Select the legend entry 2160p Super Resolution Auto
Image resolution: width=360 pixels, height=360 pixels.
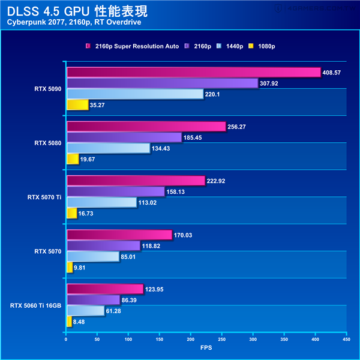(132, 46)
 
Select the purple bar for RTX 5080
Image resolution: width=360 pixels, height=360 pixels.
(124, 137)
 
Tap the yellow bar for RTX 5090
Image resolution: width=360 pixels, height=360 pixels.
(77, 105)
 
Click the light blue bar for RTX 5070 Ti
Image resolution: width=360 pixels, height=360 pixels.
(101, 202)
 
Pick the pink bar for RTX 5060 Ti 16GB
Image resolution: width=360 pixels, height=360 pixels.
(104, 289)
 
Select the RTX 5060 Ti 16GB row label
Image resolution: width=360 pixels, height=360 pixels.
(35, 305)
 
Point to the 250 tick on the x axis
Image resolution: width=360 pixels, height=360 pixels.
(221, 339)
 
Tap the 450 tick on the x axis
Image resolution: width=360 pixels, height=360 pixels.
(346, 339)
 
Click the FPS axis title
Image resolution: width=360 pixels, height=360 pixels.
(206, 348)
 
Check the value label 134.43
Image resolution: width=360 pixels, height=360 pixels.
(163, 148)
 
